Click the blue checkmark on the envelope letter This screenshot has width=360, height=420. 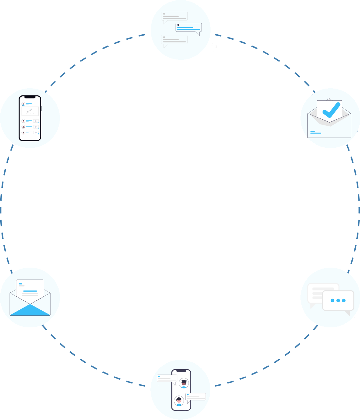coord(331,110)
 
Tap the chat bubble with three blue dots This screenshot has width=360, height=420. coord(338,300)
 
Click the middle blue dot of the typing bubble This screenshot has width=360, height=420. coord(338,300)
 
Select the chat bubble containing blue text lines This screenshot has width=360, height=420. coord(189,28)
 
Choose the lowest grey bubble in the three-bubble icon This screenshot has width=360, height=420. coord(175,40)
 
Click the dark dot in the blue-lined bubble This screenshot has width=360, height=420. coord(178,25)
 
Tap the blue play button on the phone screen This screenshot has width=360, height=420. coord(30,109)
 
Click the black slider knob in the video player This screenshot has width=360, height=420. coord(28,112)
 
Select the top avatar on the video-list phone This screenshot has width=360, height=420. coord(23,104)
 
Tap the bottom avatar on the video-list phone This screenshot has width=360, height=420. coord(23,133)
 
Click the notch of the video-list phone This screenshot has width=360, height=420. coord(30,97)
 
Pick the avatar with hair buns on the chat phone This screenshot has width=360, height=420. coord(184,383)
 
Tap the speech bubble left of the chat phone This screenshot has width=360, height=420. coord(167,378)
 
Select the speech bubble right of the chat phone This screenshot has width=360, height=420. coord(195,397)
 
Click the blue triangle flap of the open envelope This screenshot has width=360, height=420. coord(30,310)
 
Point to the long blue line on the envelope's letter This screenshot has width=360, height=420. coord(30,291)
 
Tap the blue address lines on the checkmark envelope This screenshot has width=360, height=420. coord(316,132)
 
